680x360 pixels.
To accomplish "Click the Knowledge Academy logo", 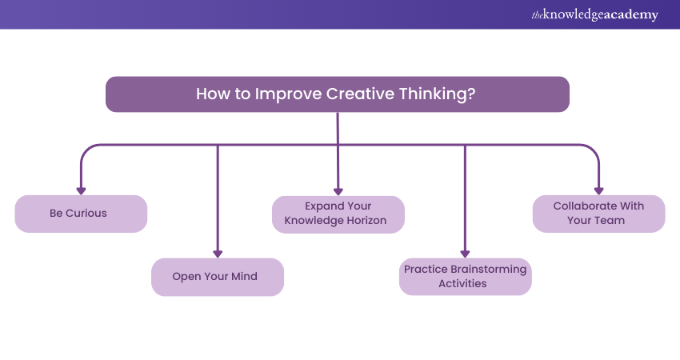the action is [594, 14].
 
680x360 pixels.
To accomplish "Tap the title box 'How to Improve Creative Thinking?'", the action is [338, 94].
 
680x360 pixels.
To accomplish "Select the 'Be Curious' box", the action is [81, 214].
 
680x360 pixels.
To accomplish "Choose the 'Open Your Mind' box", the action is [218, 277].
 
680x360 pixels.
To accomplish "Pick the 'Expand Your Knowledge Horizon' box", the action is [338, 214].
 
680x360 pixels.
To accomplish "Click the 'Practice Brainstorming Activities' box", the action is [466, 276].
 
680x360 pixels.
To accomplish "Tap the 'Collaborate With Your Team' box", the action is [599, 214].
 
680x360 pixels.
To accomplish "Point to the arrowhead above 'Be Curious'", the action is [81, 191].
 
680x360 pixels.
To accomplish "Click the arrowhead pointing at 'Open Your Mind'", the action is [218, 254].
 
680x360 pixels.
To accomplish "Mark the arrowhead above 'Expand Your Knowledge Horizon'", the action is [338, 192].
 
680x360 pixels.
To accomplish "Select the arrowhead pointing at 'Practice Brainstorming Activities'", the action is [465, 254].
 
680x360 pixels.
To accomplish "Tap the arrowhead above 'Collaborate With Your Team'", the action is [599, 191].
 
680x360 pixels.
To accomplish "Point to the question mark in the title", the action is [471, 94].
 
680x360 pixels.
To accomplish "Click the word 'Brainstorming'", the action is [489, 270].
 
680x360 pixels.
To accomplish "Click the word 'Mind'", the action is [244, 276].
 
